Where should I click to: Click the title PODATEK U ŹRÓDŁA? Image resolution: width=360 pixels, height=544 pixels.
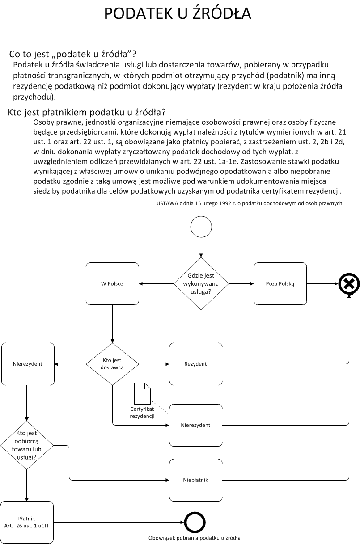point(178,14)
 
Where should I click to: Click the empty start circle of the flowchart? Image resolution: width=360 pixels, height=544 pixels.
point(201,227)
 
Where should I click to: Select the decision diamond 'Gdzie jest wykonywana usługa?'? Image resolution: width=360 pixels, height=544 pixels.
point(201,283)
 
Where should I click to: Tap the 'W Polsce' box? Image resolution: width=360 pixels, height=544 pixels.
point(112,283)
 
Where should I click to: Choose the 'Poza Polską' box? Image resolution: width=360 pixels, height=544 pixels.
point(280,283)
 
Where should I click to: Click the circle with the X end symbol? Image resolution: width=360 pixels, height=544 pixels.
point(349,283)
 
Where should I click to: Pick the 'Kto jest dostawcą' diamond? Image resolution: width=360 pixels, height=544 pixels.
point(112,363)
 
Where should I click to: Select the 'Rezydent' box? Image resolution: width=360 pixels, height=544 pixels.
point(195,363)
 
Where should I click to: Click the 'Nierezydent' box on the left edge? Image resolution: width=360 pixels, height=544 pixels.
point(27,363)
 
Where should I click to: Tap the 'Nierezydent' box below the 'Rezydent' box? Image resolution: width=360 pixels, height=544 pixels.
point(195,425)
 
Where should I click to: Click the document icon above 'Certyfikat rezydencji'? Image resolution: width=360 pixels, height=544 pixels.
point(143,393)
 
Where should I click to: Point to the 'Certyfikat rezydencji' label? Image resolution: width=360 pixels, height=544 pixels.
point(142,413)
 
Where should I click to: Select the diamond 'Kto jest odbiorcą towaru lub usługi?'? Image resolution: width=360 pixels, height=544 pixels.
point(26,445)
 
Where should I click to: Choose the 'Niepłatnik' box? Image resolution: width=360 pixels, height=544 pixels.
point(195,480)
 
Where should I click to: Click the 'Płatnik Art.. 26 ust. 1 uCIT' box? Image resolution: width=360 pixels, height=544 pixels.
point(27,522)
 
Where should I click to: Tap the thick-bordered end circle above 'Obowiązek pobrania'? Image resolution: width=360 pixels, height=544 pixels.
point(195,522)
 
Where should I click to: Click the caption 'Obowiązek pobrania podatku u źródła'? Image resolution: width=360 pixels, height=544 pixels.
point(195,538)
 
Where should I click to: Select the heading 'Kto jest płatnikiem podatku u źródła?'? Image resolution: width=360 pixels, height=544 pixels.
point(87,112)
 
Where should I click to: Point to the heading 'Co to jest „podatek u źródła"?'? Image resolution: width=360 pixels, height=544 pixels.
point(72,55)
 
